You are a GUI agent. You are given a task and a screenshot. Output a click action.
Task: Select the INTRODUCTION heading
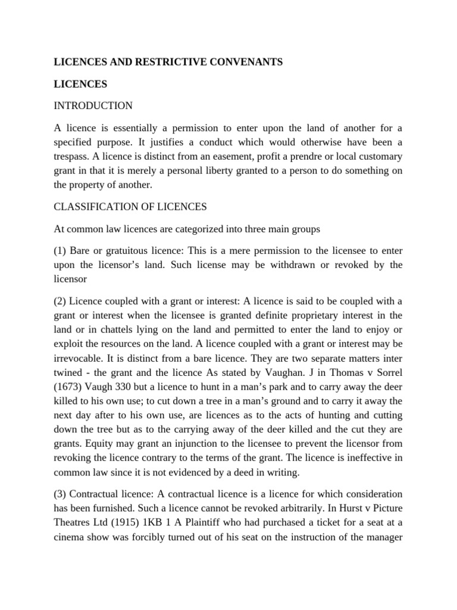pyautogui.click(x=93, y=106)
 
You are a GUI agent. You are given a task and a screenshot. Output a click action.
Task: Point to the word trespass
pyautogui.click(x=74, y=157)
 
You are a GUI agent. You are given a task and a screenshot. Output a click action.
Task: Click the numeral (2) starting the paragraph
pyautogui.click(x=61, y=299)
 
